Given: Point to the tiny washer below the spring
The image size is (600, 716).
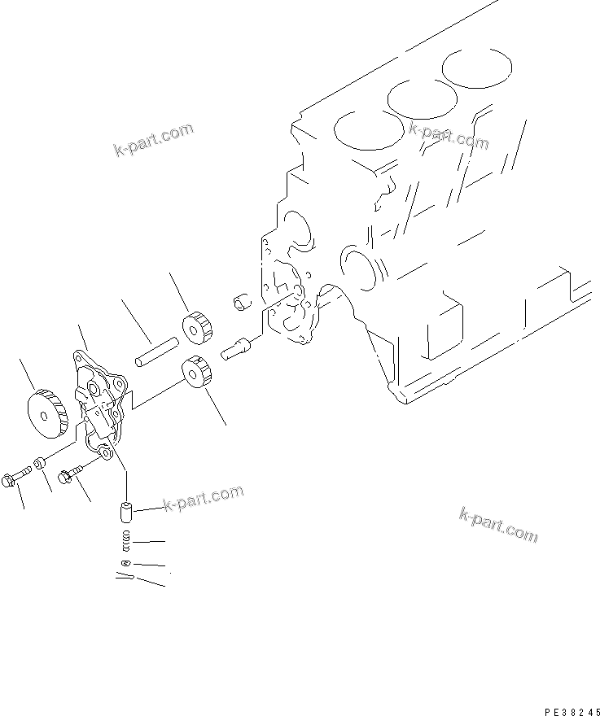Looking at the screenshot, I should pyautogui.click(x=124, y=564).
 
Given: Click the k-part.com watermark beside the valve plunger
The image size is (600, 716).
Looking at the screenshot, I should pyautogui.click(x=203, y=499).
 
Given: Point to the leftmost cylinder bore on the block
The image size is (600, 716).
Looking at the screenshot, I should pyautogui.click(x=366, y=129).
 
